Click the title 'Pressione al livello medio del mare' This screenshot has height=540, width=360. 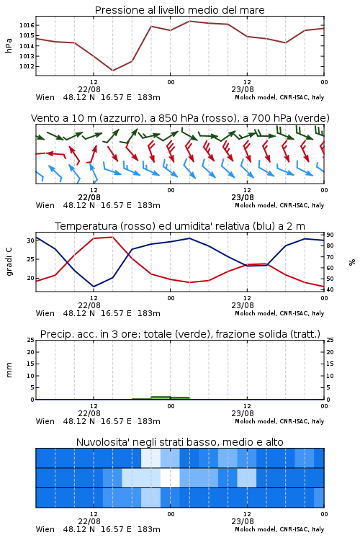(179, 10)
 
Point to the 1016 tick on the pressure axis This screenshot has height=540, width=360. (27, 25)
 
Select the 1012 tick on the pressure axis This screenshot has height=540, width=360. (27, 66)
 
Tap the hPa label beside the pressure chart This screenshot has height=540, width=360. (9, 45)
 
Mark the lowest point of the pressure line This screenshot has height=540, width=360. (112, 71)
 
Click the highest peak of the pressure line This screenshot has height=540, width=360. (189, 21)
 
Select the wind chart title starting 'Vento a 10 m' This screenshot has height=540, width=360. (180, 118)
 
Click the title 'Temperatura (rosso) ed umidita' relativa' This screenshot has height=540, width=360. (180, 226)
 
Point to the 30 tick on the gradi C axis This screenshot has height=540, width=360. (31, 240)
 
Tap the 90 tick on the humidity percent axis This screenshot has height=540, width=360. (330, 235)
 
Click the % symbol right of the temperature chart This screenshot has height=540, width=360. (352, 262)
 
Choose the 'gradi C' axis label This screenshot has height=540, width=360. (9, 261)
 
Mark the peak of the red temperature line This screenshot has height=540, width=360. (112, 237)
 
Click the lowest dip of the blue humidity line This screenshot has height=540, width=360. (94, 287)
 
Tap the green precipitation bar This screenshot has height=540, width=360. (161, 397)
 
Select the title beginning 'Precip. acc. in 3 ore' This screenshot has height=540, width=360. (180, 334)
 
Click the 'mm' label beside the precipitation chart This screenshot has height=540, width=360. (9, 369)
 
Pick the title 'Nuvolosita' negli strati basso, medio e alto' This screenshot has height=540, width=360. (179, 442)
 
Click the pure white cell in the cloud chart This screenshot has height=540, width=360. (170, 477)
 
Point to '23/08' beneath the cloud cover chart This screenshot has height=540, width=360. (243, 521)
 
